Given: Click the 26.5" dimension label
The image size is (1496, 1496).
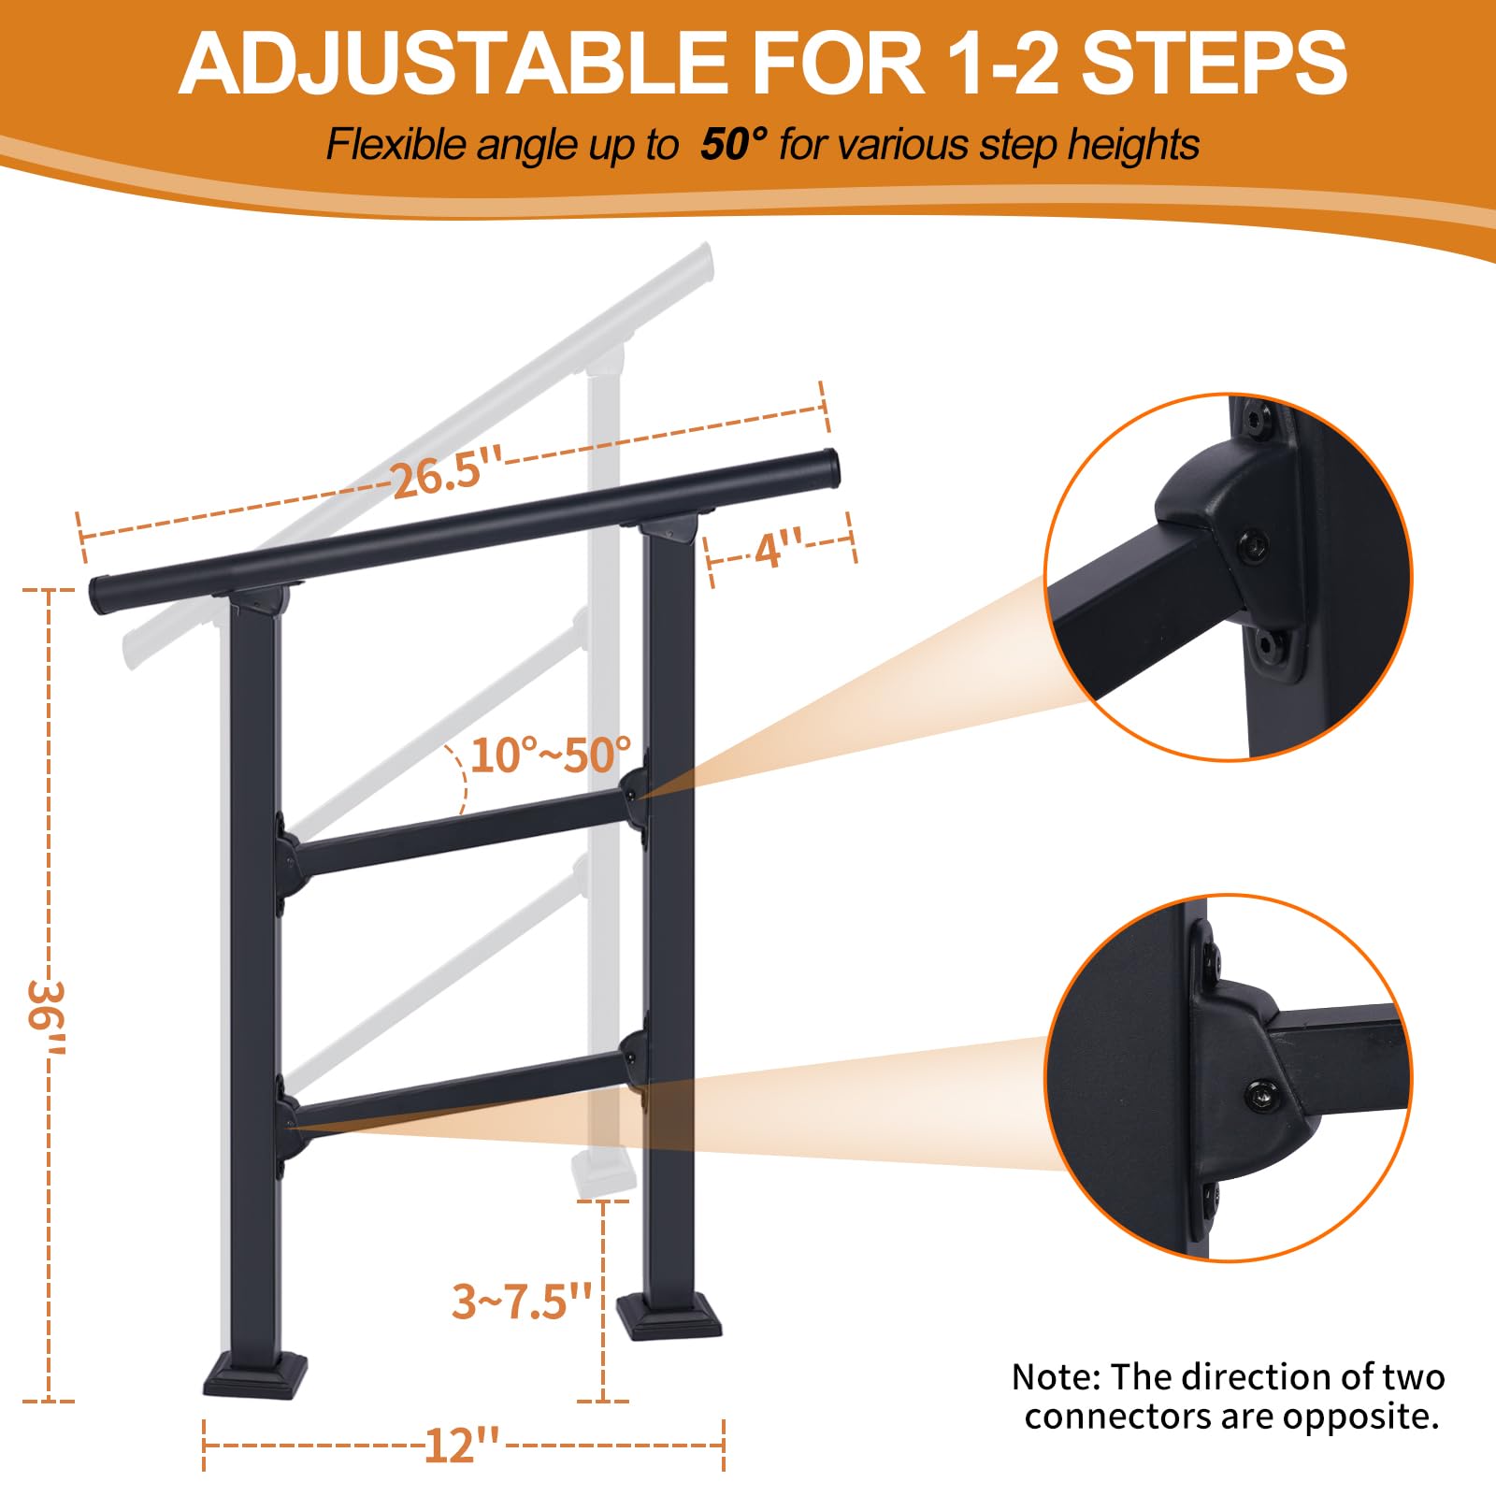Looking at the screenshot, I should pos(446,476).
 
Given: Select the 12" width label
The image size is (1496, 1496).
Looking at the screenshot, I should pos(462,1446).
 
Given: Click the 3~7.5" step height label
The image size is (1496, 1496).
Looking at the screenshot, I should pos(522,1301).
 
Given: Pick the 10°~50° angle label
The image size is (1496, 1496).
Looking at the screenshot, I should pos(551,755).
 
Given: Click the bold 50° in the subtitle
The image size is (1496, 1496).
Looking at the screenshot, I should pos(734,145).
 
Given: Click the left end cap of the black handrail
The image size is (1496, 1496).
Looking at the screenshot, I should pos(99,595).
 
